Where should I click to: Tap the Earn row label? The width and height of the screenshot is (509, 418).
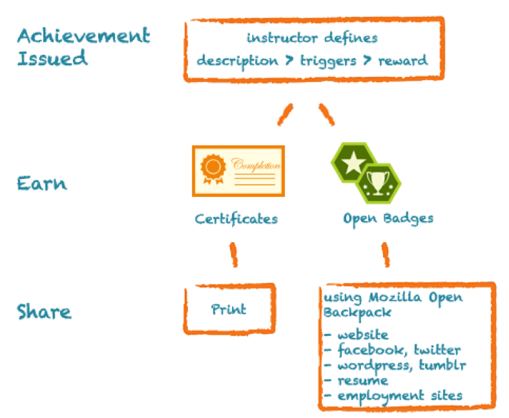(41, 183)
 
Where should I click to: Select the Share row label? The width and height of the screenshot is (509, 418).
(44, 312)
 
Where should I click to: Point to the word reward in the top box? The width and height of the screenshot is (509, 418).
(402, 61)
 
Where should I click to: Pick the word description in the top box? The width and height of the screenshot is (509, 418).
(237, 61)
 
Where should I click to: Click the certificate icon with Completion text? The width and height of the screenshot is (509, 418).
(238, 171)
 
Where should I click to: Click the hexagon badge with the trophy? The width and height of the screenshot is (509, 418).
(377, 182)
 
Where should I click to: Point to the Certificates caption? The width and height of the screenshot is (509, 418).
(236, 218)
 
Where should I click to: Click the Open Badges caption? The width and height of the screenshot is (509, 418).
(388, 218)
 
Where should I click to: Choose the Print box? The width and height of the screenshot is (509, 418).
(229, 309)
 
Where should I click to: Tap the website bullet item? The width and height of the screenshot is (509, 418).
(356, 335)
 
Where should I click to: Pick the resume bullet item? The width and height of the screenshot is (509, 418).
(356, 380)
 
